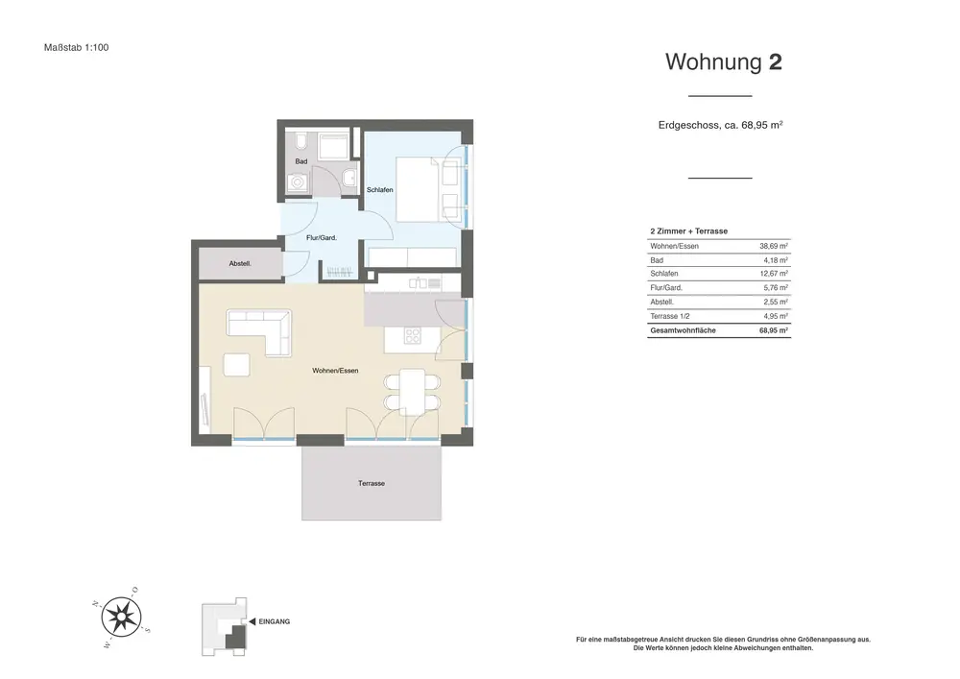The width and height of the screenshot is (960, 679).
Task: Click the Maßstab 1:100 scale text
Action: [77, 47]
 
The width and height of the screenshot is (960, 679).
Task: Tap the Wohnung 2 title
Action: [724, 61]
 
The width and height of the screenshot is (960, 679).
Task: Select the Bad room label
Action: [301, 161]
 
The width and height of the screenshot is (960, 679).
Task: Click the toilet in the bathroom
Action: [300, 142]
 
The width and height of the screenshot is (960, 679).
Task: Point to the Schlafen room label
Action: [379, 190]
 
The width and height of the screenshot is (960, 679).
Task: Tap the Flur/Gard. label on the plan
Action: [322, 237]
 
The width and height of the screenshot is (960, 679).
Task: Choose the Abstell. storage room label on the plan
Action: [240, 264]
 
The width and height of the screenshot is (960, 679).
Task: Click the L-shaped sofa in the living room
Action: [259, 331]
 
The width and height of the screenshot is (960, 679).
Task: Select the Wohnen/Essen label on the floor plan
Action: [335, 371]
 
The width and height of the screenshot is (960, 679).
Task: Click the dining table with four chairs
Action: [412, 392]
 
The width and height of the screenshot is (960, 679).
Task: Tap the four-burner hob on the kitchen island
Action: [413, 336]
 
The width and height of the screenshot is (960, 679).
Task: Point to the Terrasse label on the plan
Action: [372, 484]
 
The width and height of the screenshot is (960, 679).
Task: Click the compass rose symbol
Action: [121, 618]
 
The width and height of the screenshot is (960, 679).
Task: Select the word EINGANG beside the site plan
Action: [275, 621]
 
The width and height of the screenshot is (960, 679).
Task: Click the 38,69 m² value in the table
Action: [774, 246]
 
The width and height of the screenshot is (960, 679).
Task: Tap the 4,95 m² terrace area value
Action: [776, 316]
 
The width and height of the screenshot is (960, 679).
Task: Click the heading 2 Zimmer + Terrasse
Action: [688, 231]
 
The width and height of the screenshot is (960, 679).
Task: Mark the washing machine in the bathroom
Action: [299, 182]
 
